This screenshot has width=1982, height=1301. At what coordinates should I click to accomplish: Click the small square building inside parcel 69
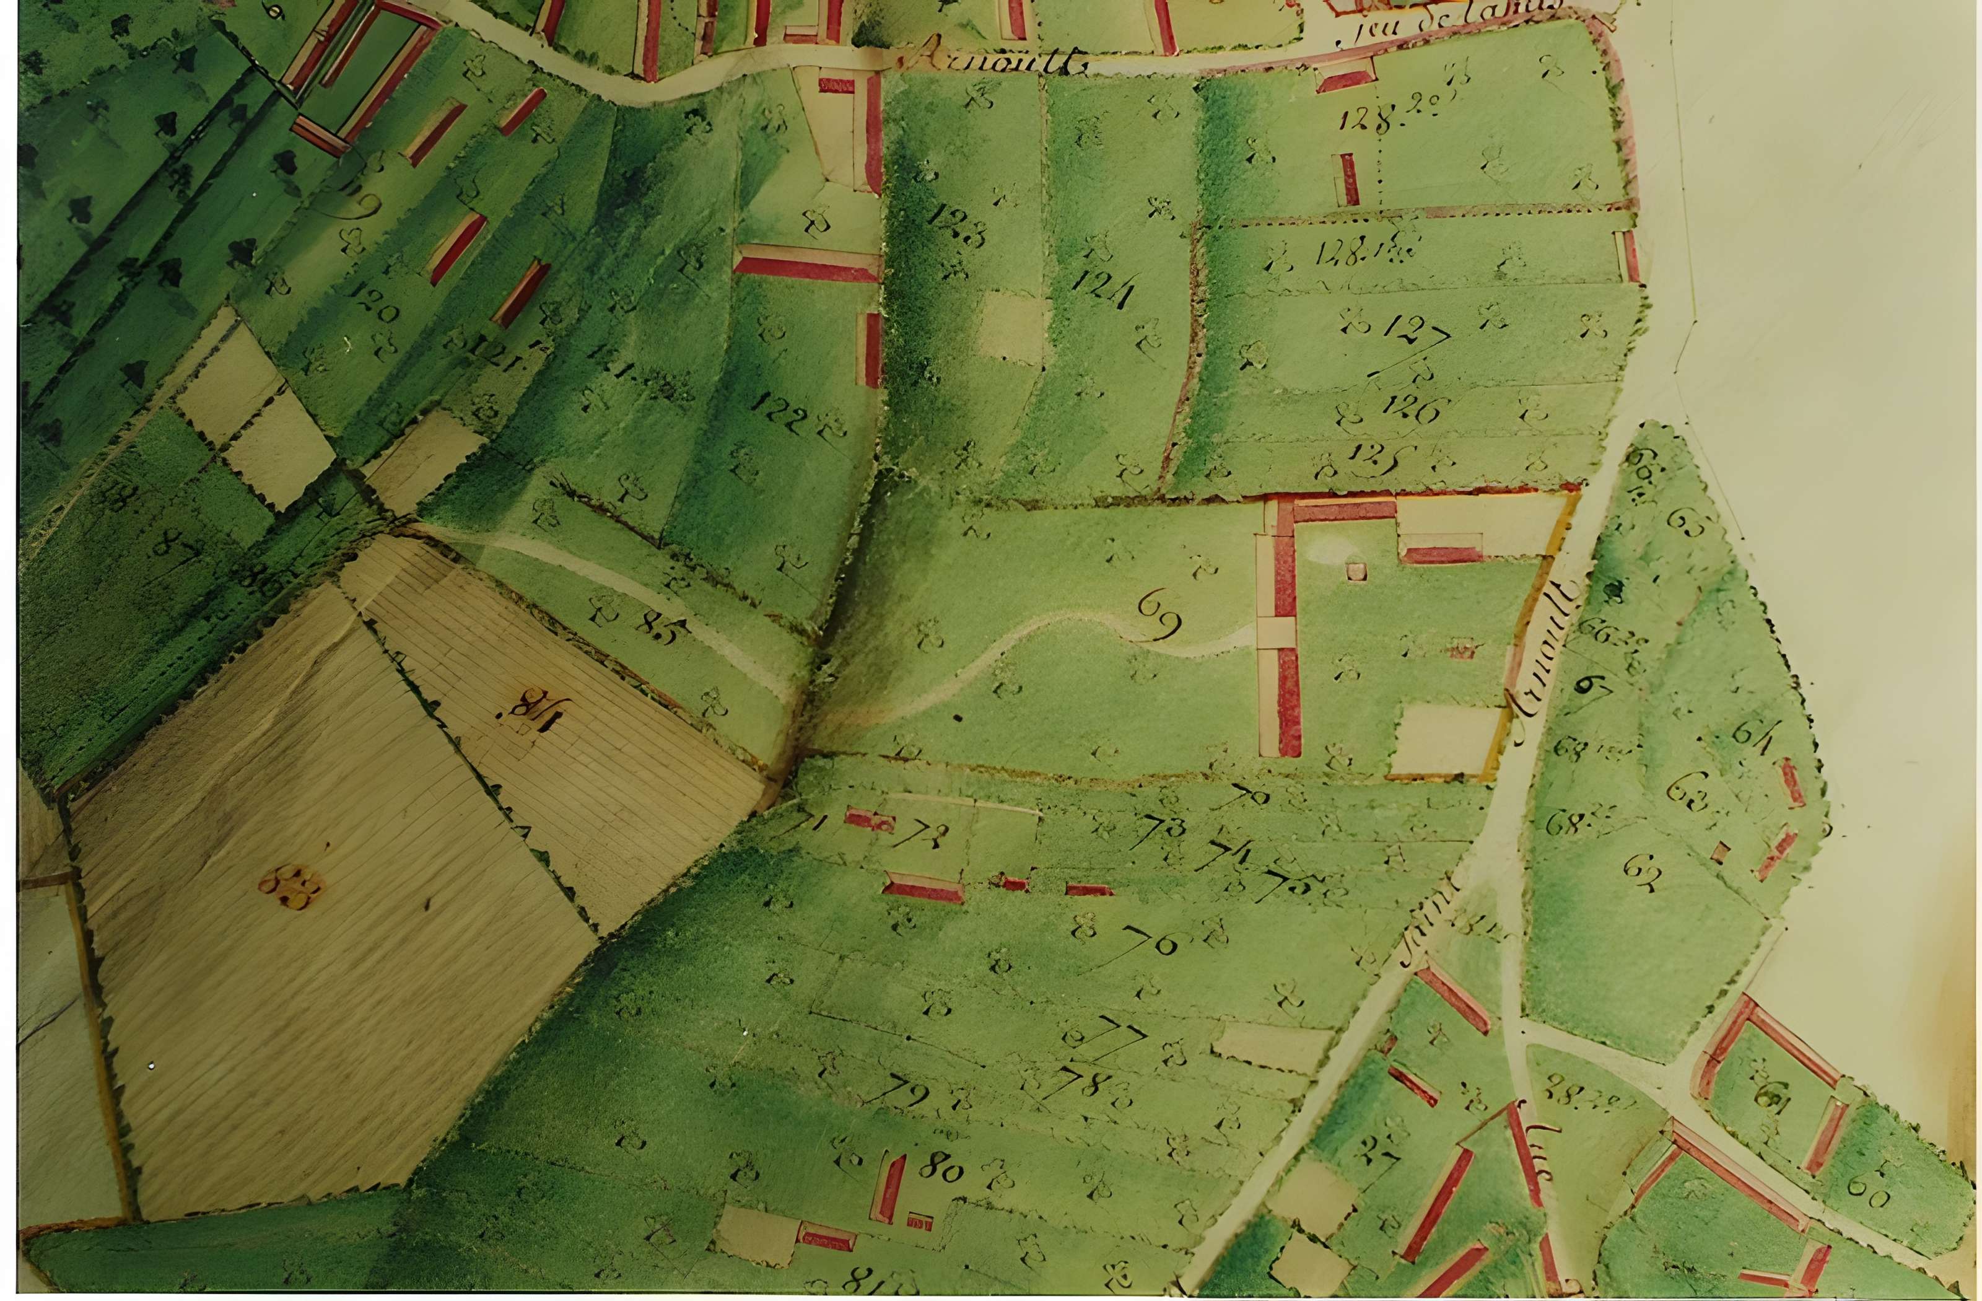point(1356,571)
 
